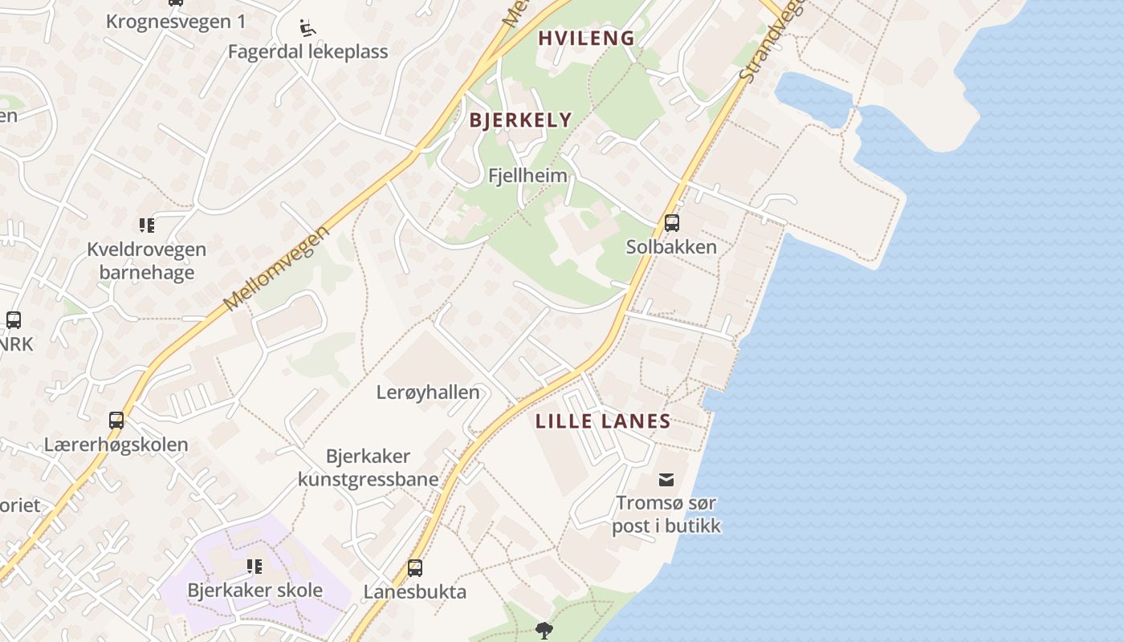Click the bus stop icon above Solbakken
point(672,223)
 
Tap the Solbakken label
point(671,246)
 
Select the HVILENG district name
point(586,38)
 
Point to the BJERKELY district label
point(520,120)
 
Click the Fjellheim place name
point(527,175)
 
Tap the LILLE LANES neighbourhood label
point(603,421)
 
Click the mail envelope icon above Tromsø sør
point(666,480)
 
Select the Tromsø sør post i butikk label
point(666,514)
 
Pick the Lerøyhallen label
point(428,392)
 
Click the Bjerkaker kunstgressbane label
point(369,468)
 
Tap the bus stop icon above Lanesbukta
point(415,568)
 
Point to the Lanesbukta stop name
point(415,592)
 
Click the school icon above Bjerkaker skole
point(255,567)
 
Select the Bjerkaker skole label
point(255,591)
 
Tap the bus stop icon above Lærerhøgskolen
point(116,421)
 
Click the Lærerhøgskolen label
point(116,445)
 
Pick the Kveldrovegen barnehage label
point(146,261)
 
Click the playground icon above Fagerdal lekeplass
point(307,28)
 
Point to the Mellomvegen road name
point(277,269)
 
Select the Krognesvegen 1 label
point(176,22)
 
